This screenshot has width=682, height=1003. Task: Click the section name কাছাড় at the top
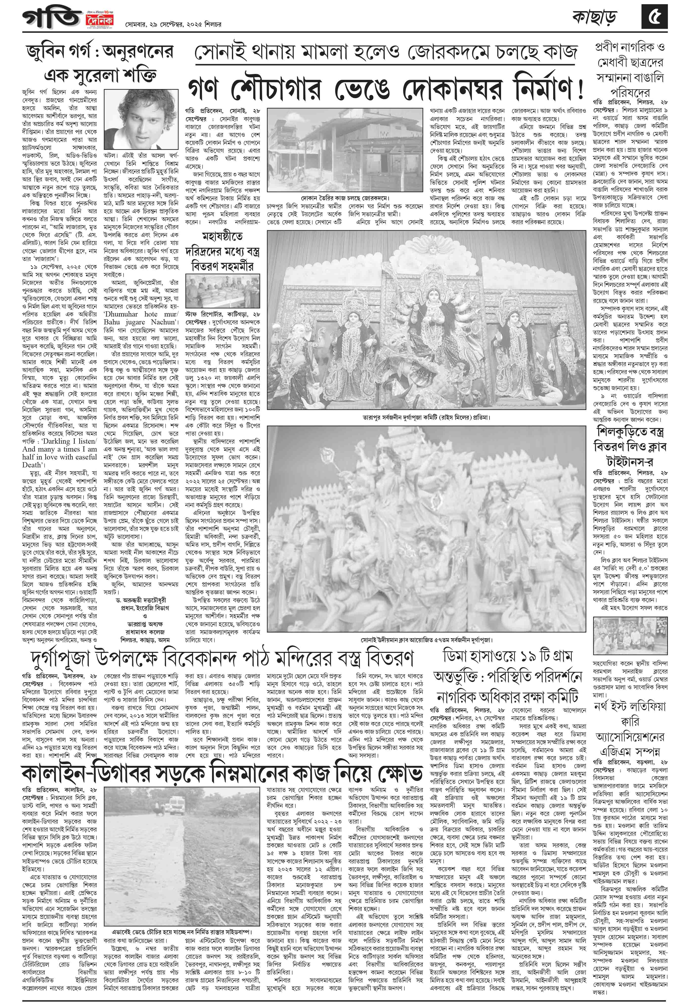pos(595,18)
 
